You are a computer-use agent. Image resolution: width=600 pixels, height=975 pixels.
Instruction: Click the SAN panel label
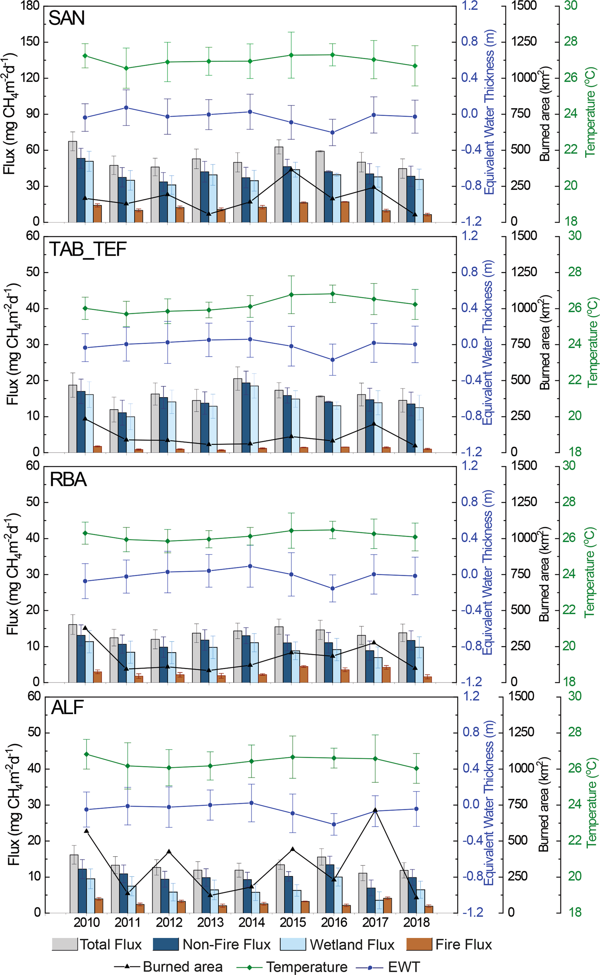(67, 18)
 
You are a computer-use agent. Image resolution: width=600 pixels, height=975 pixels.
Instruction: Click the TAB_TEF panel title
(88, 249)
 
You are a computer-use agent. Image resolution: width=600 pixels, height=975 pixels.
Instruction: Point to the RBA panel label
(68, 479)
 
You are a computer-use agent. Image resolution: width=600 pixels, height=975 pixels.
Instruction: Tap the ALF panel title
(68, 708)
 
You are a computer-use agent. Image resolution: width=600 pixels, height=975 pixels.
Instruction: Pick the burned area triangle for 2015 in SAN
(291, 169)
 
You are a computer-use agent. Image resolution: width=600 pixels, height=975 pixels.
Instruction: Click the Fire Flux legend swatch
(419, 945)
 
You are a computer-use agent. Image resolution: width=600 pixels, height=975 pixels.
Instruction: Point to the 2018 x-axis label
(416, 922)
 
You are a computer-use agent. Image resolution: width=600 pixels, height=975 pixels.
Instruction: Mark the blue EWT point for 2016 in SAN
(333, 132)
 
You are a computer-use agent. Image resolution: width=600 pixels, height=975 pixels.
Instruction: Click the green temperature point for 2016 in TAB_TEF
(333, 294)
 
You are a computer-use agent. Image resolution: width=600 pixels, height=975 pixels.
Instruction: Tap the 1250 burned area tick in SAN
(524, 42)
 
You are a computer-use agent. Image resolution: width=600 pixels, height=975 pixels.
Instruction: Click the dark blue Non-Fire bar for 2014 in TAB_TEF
(246, 417)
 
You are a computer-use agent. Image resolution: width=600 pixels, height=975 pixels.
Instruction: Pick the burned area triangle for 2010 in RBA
(85, 628)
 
